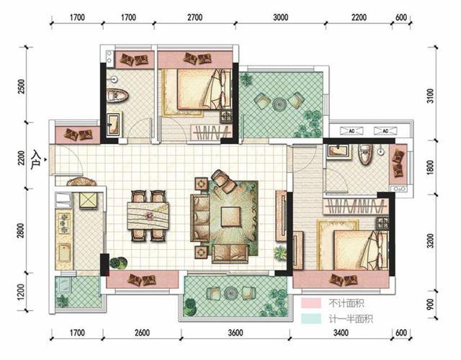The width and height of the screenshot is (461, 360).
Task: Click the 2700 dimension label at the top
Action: [195, 17]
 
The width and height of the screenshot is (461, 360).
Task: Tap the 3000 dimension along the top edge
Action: [280, 17]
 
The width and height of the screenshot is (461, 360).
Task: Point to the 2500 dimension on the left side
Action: [21, 86]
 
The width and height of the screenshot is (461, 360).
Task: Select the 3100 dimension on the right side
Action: [430, 96]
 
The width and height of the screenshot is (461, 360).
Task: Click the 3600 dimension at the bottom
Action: [236, 333]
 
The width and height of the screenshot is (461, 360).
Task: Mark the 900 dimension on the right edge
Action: [430, 305]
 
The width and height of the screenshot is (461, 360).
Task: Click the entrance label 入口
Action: [36, 160]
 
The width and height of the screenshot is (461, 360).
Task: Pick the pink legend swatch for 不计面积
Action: [311, 302]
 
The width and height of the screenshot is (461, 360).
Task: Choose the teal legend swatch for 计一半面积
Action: [311, 318]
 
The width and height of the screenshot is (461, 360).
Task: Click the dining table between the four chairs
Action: [148, 216]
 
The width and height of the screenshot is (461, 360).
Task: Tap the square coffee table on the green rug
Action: [230, 217]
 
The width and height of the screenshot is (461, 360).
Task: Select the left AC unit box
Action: [352, 131]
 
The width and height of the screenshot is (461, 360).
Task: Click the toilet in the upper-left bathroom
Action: [117, 95]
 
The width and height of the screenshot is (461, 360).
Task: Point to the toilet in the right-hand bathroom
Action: [365, 153]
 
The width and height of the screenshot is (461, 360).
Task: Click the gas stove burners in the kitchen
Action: [64, 223]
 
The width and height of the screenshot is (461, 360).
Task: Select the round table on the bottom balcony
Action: [230, 293]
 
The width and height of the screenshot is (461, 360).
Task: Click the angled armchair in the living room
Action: [224, 181]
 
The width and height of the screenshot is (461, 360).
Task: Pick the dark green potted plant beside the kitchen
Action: [118, 262]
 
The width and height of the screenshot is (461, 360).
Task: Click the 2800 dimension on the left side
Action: [21, 230]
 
